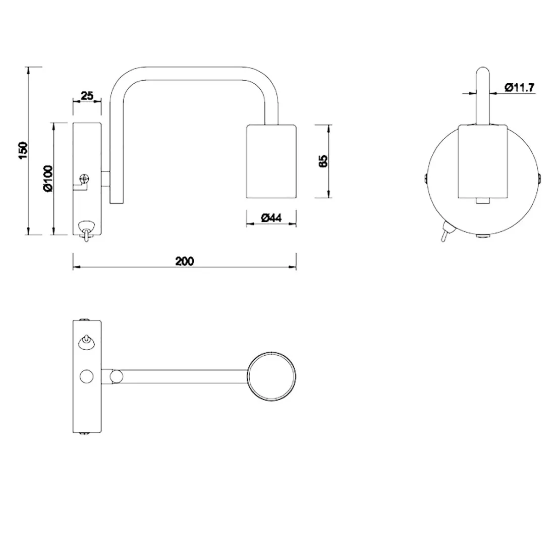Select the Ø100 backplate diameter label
pos(47,180)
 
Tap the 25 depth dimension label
pos(87,95)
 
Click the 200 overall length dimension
pos(185,261)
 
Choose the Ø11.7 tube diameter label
pos(519,88)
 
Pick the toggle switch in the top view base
pos(87,342)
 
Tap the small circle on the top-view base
pos(87,376)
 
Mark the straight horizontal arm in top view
pos(182,376)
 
